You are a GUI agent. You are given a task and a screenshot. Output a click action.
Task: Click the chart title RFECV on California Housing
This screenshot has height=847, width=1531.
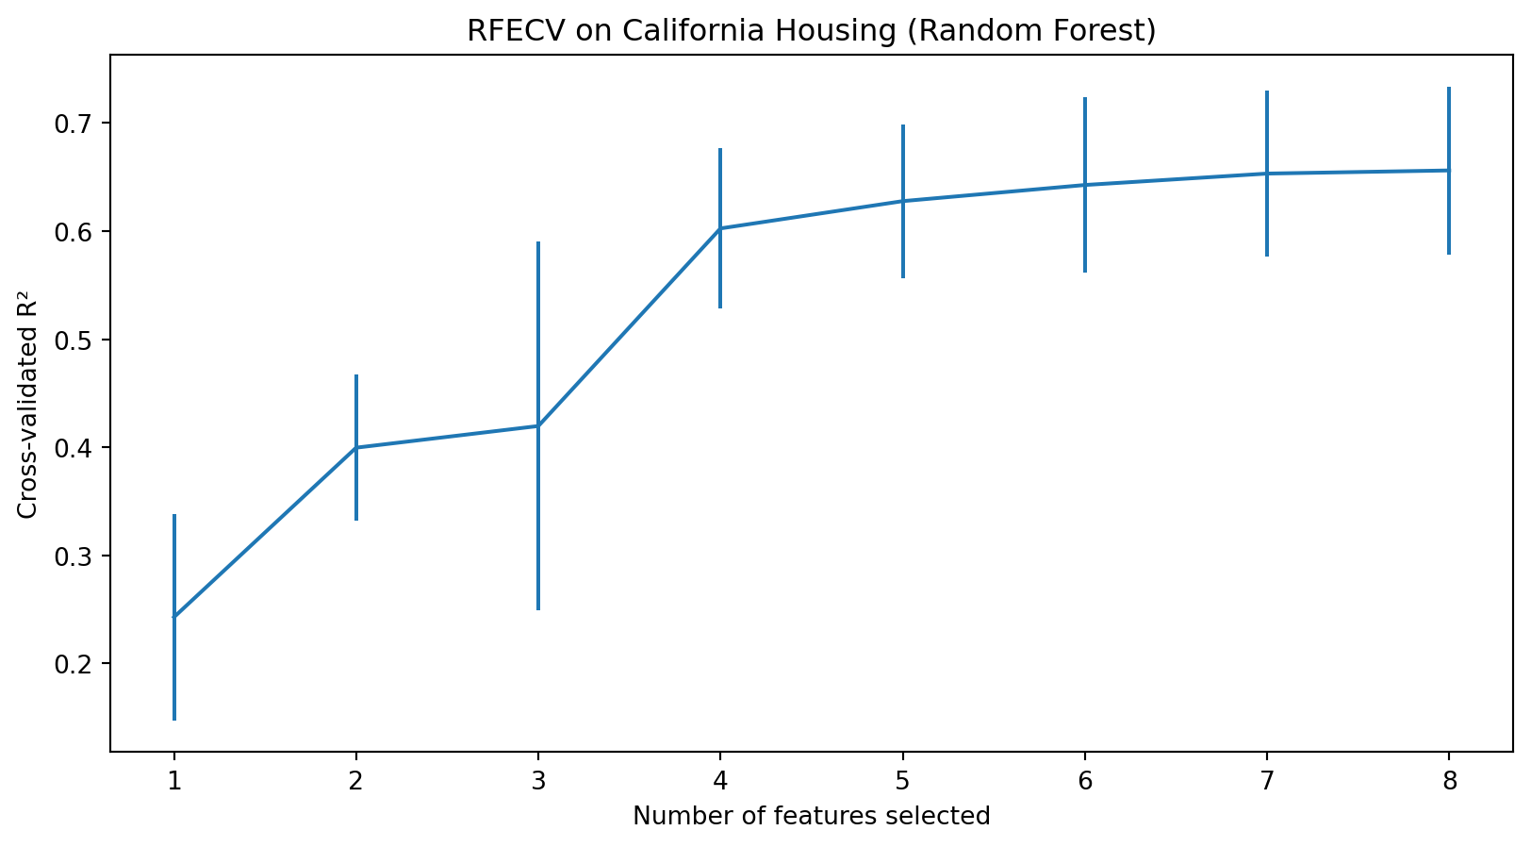click(x=811, y=31)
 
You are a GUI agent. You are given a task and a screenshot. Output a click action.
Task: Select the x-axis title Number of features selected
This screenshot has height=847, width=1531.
click(x=811, y=816)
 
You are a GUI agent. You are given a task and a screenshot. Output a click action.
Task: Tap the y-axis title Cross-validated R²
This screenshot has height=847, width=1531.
click(x=28, y=404)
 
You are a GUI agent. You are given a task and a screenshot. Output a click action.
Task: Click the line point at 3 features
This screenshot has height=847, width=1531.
click(x=538, y=426)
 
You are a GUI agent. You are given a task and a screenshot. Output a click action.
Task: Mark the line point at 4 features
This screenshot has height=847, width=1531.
click(x=720, y=228)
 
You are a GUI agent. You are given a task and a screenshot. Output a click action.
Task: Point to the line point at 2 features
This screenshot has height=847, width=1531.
click(x=356, y=447)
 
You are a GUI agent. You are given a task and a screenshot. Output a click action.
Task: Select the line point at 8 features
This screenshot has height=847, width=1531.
click(x=1449, y=171)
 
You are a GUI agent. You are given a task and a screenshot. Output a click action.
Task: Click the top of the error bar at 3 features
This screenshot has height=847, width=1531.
click(x=538, y=242)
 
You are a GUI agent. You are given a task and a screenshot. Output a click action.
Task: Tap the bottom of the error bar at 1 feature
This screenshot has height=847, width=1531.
click(x=174, y=720)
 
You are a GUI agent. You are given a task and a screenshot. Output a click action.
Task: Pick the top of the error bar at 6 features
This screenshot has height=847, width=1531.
click(x=1085, y=98)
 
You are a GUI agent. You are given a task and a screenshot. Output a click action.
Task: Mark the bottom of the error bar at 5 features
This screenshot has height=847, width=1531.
click(x=903, y=277)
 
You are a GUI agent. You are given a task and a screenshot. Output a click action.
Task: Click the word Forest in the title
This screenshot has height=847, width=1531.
click(x=1111, y=31)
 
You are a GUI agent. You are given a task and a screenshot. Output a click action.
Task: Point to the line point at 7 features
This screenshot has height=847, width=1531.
click(x=1267, y=174)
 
